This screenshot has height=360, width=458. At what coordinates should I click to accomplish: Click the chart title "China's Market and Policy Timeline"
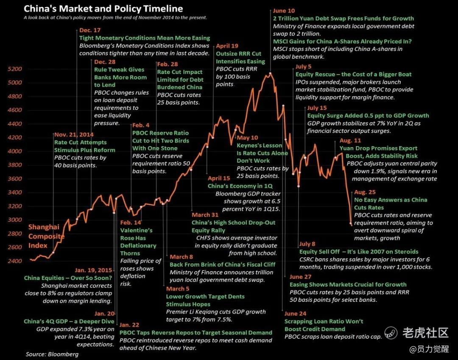click(103, 8)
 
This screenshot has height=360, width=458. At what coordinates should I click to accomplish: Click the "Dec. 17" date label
click(90, 30)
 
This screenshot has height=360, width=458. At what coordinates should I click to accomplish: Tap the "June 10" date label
click(284, 11)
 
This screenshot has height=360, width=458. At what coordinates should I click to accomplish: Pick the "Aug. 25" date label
click(365, 192)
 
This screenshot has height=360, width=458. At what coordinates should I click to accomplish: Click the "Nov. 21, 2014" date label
click(75, 135)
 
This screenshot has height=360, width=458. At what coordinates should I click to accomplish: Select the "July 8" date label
click(307, 244)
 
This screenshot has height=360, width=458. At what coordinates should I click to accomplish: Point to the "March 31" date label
click(205, 215)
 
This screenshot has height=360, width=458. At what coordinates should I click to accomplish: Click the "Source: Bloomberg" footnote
click(52, 354)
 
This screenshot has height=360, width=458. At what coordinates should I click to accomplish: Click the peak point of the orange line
click(270, 73)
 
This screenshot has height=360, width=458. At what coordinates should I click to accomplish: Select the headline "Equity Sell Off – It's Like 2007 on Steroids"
click(359, 251)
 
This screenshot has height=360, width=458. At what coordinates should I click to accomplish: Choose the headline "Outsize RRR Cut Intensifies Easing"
click(240, 58)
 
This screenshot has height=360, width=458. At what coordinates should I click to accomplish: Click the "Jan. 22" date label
click(130, 325)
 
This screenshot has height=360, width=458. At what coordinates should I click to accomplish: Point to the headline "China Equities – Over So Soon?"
click(68, 278)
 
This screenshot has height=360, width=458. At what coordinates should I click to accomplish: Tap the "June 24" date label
click(296, 313)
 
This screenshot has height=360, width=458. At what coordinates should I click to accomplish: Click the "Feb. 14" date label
click(131, 223)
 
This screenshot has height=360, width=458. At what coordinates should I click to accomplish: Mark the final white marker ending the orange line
click(351, 223)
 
